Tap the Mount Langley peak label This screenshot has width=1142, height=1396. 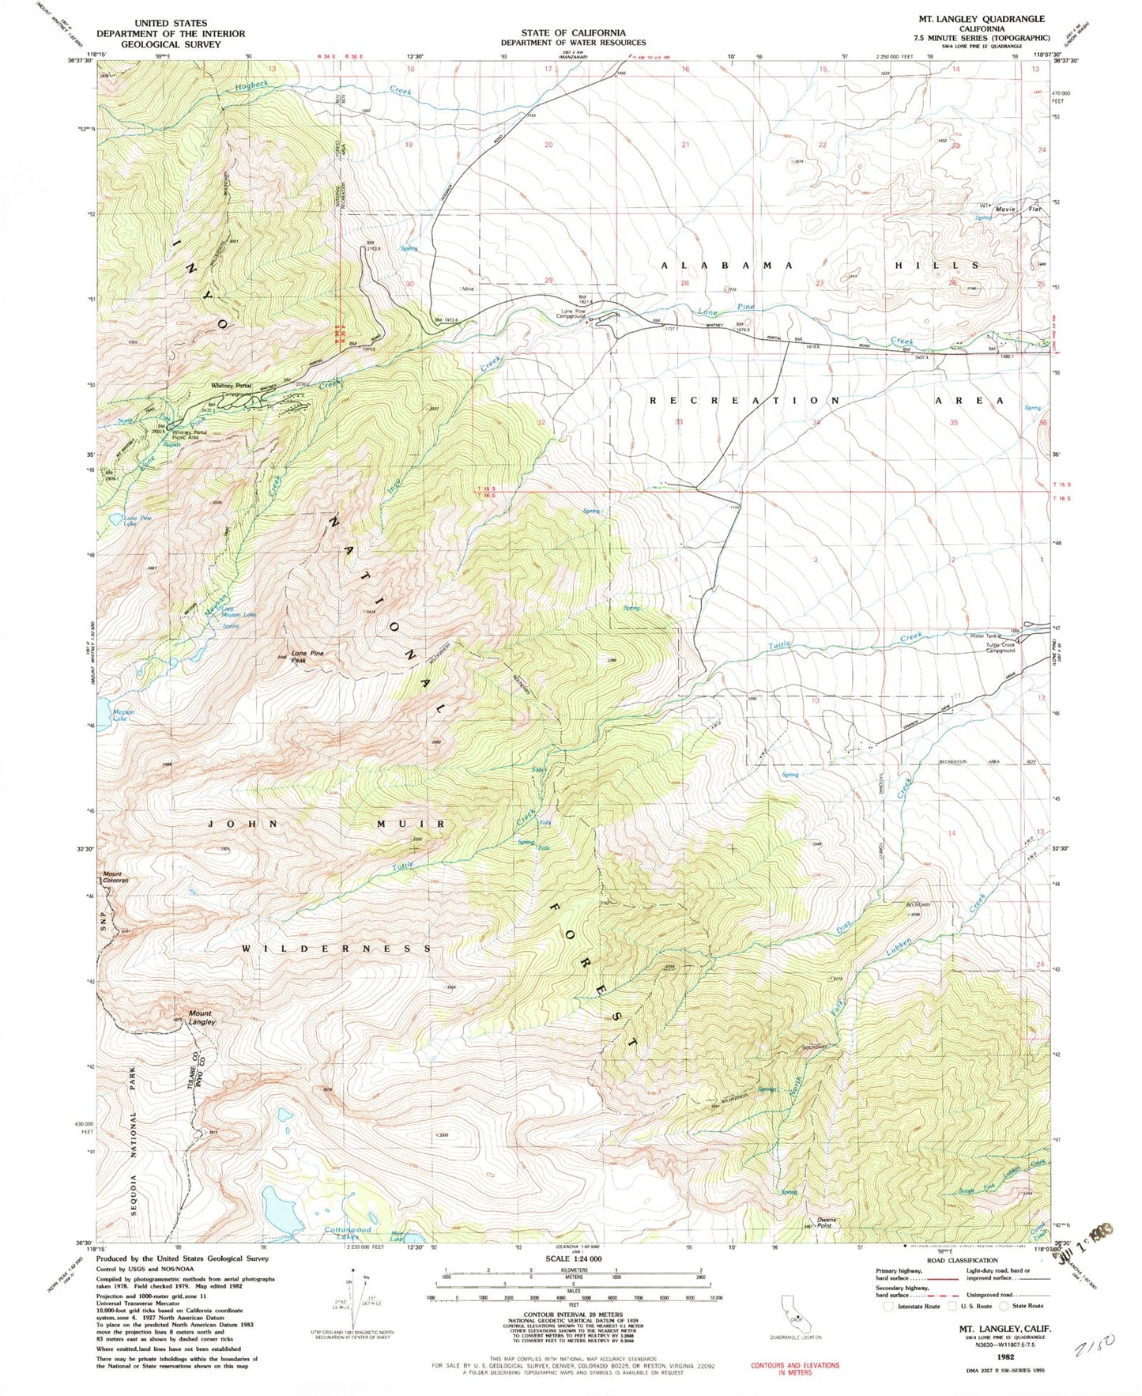click(201, 1017)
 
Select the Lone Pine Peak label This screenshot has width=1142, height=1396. click(307, 657)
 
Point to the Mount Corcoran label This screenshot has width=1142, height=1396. click(115, 876)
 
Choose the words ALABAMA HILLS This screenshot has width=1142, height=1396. click(820, 266)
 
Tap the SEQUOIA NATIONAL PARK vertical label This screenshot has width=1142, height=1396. click(134, 1154)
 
